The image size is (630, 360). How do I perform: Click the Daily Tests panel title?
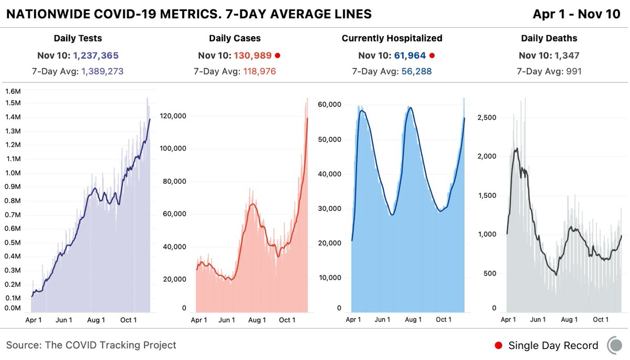point(78,38)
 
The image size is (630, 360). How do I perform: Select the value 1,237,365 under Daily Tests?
point(98,56)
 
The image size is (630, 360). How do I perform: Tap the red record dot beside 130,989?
point(278,56)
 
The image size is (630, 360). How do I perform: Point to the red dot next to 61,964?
point(432,56)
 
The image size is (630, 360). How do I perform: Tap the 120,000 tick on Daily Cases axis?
point(176,116)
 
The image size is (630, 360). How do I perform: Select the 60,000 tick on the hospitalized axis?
point(330,104)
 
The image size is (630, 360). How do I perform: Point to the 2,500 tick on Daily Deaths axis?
point(487,118)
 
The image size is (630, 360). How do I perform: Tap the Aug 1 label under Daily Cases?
point(257,320)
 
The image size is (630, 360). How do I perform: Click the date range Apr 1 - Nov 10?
point(576,14)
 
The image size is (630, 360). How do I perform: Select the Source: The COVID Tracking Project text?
point(91,345)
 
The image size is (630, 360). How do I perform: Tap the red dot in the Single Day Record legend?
point(499,345)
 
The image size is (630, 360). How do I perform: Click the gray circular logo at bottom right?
point(615,345)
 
